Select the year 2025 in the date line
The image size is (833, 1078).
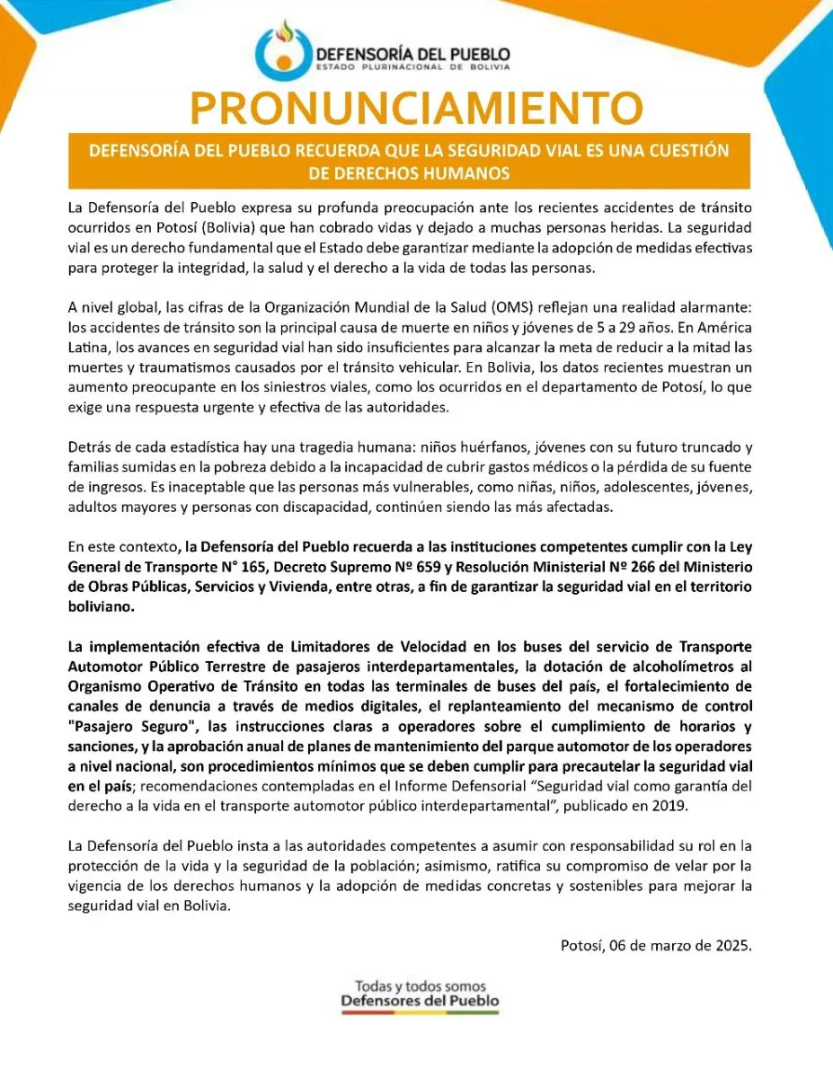[x=734, y=945]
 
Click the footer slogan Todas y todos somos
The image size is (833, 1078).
[x=421, y=985]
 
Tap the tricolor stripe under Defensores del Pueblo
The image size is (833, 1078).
[x=421, y=1012]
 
